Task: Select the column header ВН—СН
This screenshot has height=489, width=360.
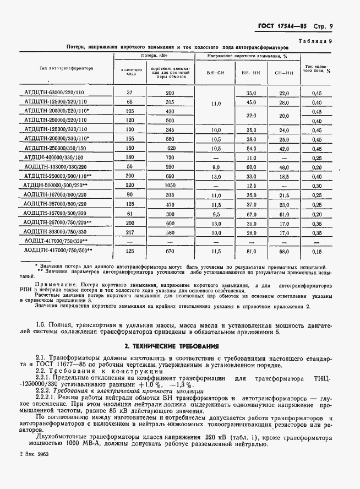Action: coord(215,73)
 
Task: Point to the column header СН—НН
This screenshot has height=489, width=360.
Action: coord(284,73)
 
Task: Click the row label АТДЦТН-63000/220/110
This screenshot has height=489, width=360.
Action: coord(56,93)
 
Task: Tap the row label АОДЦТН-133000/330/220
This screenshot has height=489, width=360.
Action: coord(56,166)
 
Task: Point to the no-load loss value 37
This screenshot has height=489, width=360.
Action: coord(130,93)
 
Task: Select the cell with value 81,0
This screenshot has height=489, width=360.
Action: coord(252,251)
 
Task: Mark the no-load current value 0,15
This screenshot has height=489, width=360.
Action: coord(317,251)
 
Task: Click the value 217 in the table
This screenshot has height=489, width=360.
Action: coord(130,232)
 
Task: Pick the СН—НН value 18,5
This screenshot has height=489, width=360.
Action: coord(284,176)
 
